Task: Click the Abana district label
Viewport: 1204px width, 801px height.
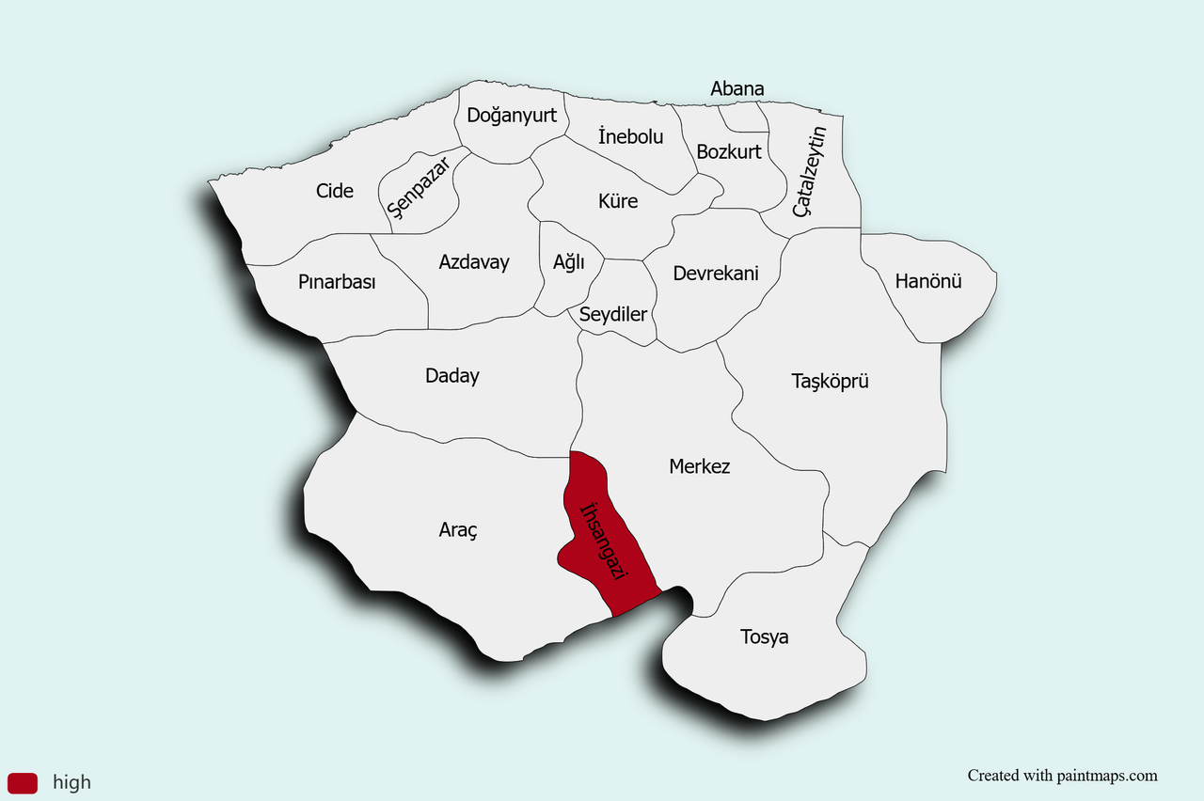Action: (x=737, y=89)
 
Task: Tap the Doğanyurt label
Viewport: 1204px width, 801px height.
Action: (x=512, y=116)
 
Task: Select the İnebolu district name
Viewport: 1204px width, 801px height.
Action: (x=630, y=136)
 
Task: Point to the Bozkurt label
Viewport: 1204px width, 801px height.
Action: (x=729, y=151)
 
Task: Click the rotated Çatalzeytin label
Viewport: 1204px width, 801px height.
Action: (x=810, y=171)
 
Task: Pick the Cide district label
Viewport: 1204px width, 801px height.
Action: (x=335, y=191)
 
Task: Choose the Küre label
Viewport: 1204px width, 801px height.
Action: (x=618, y=201)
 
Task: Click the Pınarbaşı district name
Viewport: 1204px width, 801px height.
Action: (x=337, y=282)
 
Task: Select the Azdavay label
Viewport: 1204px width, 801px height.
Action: (x=474, y=262)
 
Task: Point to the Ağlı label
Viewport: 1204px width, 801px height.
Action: (x=569, y=262)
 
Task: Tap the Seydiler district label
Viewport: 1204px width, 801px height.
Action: (x=613, y=314)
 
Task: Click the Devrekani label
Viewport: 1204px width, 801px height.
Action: (x=716, y=274)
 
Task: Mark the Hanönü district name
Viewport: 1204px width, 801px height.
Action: (x=928, y=281)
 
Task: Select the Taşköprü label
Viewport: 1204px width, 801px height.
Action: (x=830, y=381)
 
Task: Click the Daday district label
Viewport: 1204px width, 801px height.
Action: (x=452, y=376)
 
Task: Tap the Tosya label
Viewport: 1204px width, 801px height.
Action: (x=765, y=637)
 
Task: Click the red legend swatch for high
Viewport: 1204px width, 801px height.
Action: (x=23, y=782)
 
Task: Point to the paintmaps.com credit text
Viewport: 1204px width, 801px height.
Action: (x=1063, y=776)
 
